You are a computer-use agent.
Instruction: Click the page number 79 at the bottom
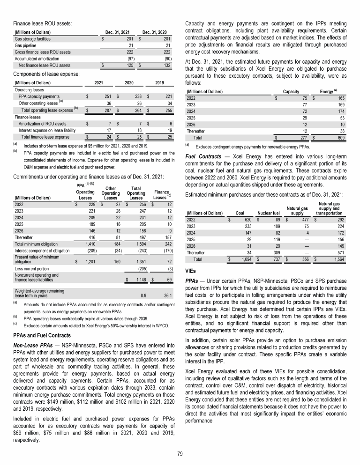point(180,453)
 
